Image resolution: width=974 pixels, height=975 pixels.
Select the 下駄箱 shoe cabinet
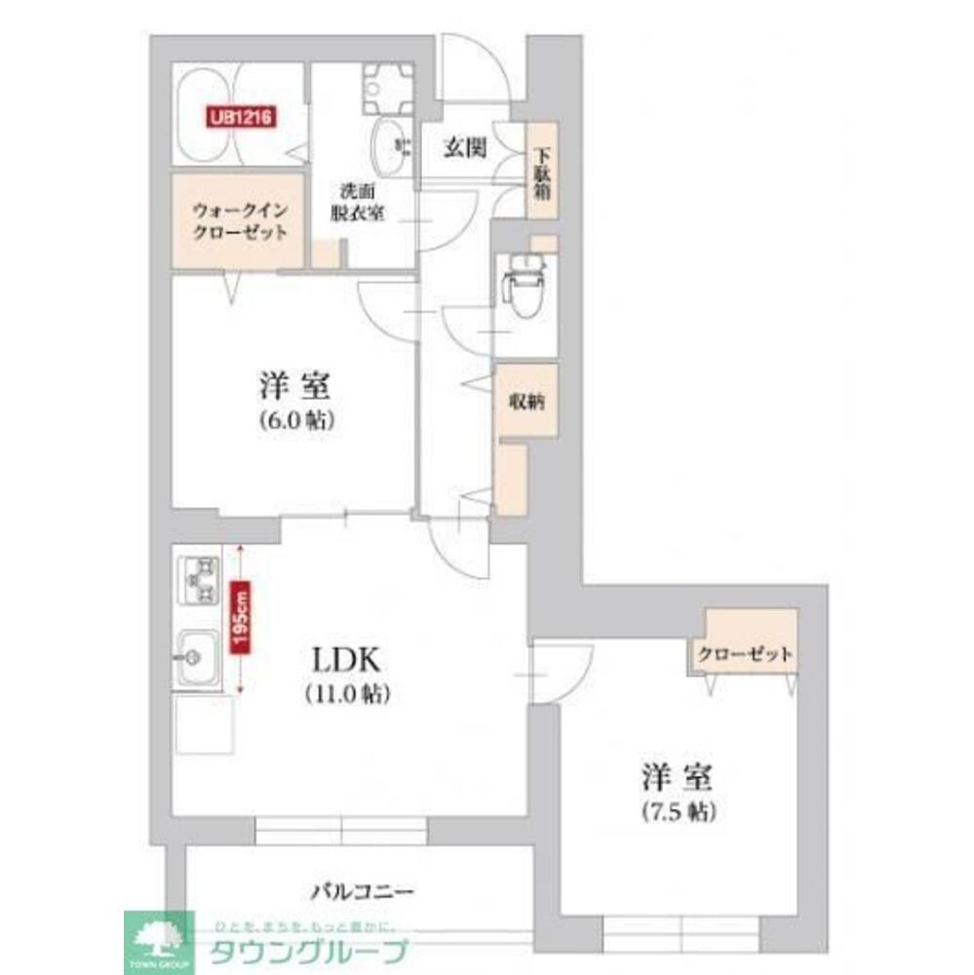point(540,174)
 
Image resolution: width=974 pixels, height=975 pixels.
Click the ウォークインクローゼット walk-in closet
point(239,220)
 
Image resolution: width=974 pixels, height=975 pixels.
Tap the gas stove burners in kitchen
point(199,581)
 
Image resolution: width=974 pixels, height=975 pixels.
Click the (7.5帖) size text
point(679,810)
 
